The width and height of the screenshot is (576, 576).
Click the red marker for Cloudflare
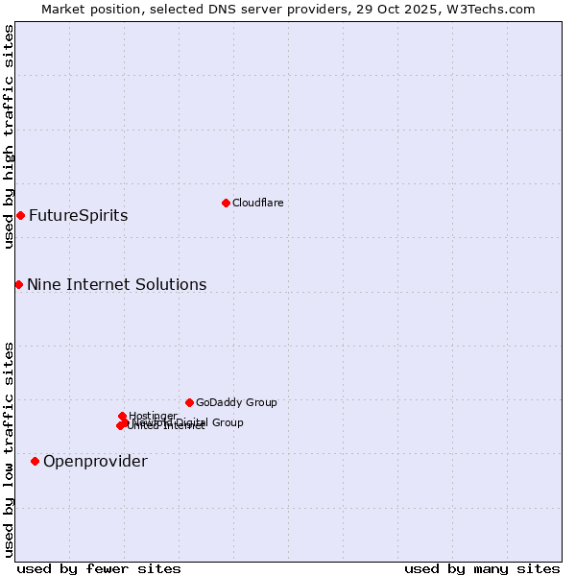[x=226, y=203]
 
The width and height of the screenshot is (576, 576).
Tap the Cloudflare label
[x=257, y=203]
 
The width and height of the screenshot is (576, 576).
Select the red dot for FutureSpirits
[x=20, y=215]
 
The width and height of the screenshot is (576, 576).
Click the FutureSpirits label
[x=78, y=215]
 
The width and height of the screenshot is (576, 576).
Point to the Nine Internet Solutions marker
[x=18, y=284]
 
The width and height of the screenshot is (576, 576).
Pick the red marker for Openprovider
[x=35, y=461]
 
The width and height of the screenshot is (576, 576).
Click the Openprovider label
[x=95, y=461]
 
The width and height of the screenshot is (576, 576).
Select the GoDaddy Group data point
[x=189, y=402]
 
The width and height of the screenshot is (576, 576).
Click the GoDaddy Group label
[x=236, y=402]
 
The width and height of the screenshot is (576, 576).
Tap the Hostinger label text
[x=153, y=415]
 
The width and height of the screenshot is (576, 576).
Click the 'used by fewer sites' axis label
[x=99, y=568]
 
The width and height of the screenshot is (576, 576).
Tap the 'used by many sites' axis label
[x=482, y=568]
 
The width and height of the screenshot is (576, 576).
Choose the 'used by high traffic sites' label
[x=9, y=136]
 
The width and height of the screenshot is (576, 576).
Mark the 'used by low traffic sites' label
[x=9, y=449]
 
